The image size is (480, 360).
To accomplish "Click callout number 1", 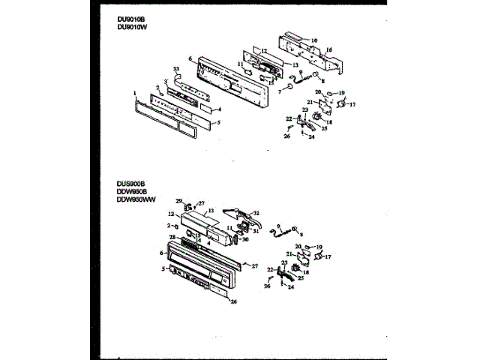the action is pyautogui.click(x=134, y=93).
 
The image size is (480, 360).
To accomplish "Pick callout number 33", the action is pyautogui.click(x=176, y=69).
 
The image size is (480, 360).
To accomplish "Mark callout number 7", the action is pyautogui.click(x=279, y=90).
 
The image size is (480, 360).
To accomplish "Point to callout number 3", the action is pyautogui.click(x=166, y=80).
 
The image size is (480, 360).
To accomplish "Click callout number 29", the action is pyautogui.click(x=179, y=201).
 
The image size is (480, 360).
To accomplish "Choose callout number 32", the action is pyautogui.click(x=256, y=213).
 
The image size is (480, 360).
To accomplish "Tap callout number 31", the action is pyautogui.click(x=255, y=231).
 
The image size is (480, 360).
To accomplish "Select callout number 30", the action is pyautogui.click(x=245, y=240).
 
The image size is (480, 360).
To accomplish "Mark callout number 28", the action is pyautogui.click(x=172, y=238).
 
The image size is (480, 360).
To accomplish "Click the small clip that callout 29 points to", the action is pyautogui.click(x=189, y=205).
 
